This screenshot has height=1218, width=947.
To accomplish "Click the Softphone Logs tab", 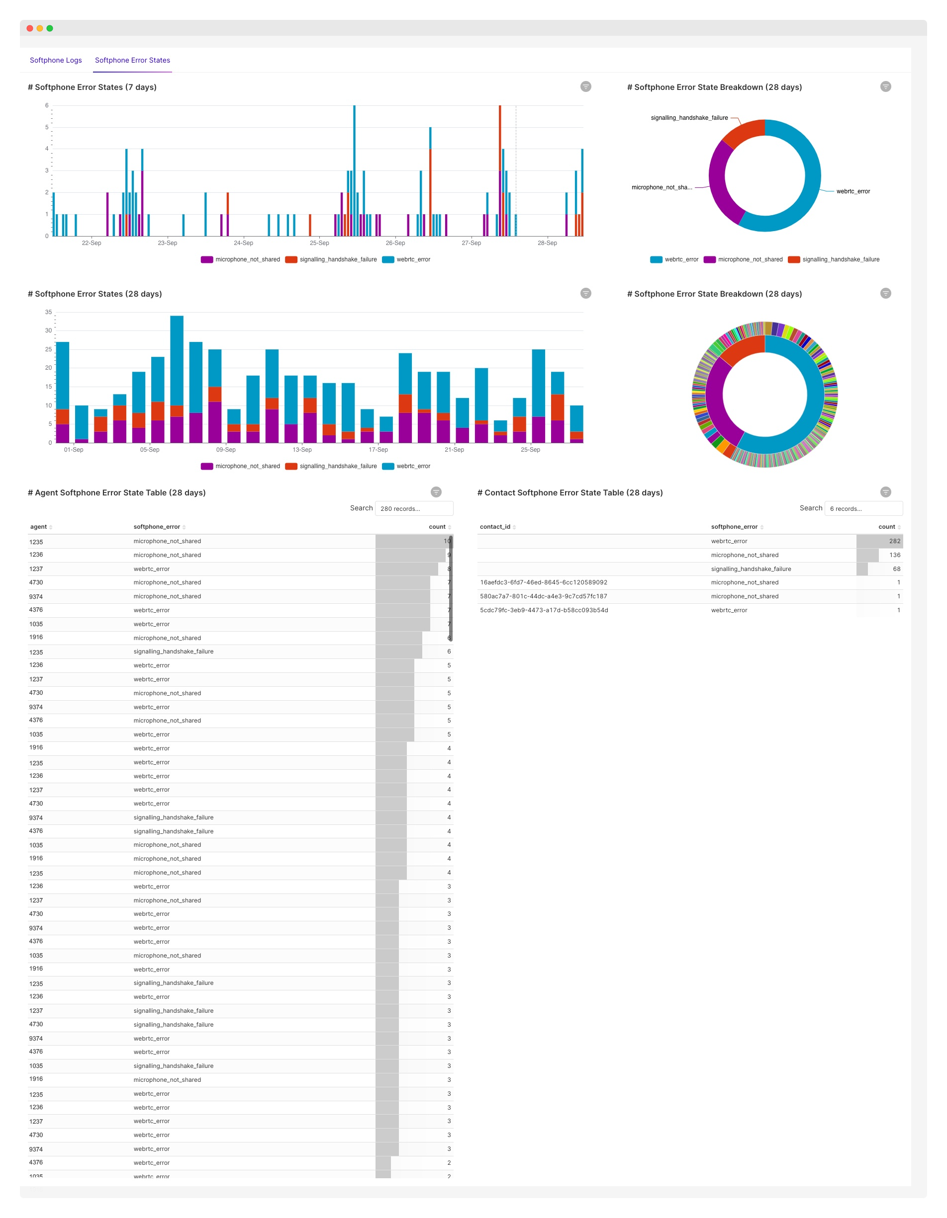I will click(56, 60).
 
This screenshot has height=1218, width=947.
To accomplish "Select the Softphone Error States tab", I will click(132, 60).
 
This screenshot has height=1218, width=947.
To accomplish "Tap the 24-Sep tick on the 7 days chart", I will click(243, 243).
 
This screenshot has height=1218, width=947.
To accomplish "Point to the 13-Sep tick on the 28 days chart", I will click(302, 450).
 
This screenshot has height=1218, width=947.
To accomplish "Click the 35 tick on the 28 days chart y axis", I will click(49, 312).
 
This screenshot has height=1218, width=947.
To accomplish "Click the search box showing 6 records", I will click(863, 508).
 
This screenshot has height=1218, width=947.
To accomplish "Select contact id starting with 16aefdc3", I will click(544, 583).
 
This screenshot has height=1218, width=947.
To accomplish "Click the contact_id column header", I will click(495, 527).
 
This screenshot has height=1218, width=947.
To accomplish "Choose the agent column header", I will click(38, 527).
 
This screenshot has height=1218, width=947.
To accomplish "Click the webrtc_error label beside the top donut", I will click(852, 191).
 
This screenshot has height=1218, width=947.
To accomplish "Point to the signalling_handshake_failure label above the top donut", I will click(689, 118).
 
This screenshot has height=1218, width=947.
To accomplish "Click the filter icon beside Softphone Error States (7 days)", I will click(585, 86).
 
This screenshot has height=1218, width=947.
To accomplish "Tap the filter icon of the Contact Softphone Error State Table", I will click(886, 492).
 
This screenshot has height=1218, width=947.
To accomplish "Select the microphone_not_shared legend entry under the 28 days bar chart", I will click(241, 467).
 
